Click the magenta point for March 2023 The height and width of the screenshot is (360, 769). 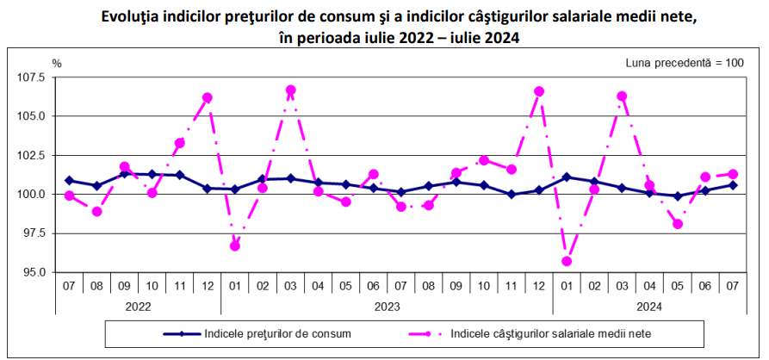[290, 90]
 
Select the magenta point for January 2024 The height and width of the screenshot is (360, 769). [567, 261]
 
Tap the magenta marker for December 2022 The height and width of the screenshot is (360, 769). [208, 97]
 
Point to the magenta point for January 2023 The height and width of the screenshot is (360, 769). [235, 245]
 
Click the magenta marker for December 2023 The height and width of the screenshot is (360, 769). [539, 91]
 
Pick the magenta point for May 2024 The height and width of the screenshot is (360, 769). [678, 224]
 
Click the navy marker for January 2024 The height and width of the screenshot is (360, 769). [567, 177]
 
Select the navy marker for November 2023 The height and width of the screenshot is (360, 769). [512, 195]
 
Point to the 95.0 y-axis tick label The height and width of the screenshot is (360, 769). [34, 272]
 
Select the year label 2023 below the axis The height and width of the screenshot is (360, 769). [387, 305]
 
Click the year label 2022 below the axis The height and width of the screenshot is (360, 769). [138, 305]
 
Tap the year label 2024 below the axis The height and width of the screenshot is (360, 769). [649, 305]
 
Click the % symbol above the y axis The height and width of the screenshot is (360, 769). [57, 63]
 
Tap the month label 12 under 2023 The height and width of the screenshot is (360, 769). [539, 282]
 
